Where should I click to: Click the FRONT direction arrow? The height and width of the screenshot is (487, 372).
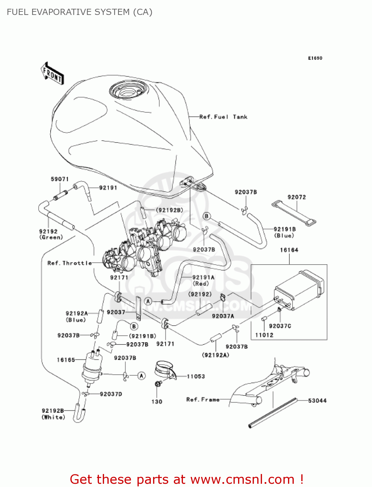click(52, 74)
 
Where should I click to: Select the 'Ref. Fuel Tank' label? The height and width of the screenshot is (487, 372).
click(223, 117)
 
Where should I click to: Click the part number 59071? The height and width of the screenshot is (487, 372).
click(60, 179)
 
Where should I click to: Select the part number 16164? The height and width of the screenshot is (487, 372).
click(289, 250)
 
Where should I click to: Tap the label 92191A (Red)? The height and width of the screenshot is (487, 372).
click(203, 280)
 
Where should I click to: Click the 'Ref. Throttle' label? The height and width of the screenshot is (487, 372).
click(69, 263)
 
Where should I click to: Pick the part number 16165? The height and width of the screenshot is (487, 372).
click(66, 360)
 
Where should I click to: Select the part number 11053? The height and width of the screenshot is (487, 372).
click(196, 376)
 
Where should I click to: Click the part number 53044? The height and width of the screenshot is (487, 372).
click(317, 401)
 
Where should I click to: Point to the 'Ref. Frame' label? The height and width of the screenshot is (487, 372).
click(203, 399)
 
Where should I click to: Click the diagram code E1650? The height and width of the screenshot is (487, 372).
click(315, 58)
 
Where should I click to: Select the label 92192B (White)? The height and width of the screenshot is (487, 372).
click(53, 414)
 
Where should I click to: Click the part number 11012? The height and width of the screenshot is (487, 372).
click(264, 335)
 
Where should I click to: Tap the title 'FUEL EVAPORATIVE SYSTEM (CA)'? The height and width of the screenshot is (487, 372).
click(79, 12)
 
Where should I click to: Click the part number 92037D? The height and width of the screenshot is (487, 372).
click(111, 394)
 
